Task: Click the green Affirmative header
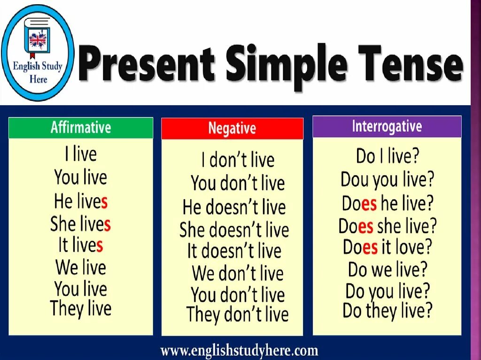(x=81, y=128)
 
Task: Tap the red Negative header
(x=232, y=129)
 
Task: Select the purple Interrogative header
(x=387, y=126)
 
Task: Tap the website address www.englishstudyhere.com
(x=239, y=350)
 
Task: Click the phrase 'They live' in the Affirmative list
(x=81, y=309)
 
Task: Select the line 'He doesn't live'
(x=234, y=207)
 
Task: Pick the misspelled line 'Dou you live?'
(x=388, y=179)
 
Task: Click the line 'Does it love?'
(x=387, y=247)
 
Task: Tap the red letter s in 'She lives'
(x=107, y=225)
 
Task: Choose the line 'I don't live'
(x=238, y=161)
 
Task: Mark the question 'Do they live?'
(x=387, y=310)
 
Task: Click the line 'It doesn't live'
(x=234, y=251)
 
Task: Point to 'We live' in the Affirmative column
(x=81, y=268)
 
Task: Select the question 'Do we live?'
(x=388, y=269)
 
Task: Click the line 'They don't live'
(x=237, y=314)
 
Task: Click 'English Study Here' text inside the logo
(x=38, y=71)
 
